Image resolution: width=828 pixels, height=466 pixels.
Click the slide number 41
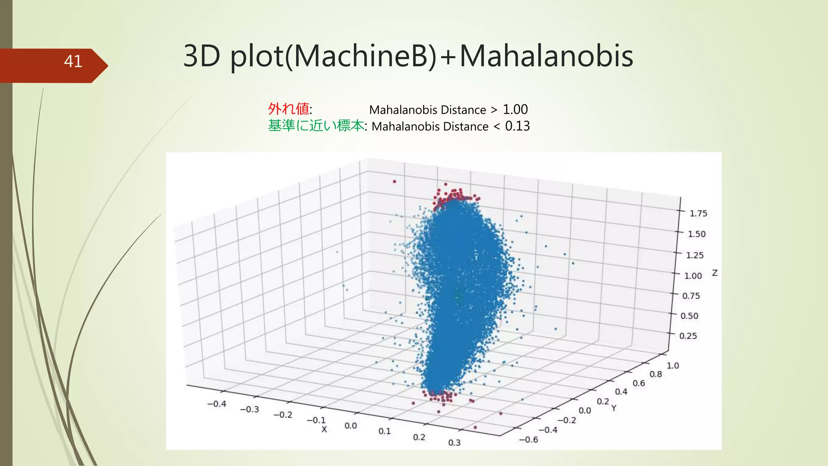pos(73,61)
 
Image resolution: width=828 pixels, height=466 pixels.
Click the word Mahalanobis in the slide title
pos(546,56)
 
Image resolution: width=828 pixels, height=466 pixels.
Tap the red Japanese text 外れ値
pos(289,109)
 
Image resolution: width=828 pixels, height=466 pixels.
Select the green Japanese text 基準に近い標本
pos(316,126)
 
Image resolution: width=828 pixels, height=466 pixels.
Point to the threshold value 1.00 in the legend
pos(515,110)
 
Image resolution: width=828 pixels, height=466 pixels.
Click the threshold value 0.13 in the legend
pos(517,126)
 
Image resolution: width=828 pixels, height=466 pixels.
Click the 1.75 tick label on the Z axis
pos(698,214)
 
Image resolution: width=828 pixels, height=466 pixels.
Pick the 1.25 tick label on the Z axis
pos(695,255)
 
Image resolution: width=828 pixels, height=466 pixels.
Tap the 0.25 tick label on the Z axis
pos(688,336)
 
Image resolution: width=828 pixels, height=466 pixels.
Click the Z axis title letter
pos(715,273)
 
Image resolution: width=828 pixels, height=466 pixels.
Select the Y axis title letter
pos(614,408)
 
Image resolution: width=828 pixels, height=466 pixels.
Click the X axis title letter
pos(324,430)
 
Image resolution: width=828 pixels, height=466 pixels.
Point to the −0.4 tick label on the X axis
pos(217,404)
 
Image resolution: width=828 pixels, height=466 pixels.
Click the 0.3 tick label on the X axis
pos(454,443)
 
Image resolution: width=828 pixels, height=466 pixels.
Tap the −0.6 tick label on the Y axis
pos(528,440)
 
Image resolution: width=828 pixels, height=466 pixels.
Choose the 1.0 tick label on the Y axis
pos(672,366)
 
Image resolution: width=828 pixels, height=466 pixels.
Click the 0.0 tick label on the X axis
pos(351,426)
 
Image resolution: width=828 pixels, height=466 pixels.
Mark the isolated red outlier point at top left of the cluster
pos(394,182)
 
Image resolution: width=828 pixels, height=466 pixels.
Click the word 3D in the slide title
pos(201,56)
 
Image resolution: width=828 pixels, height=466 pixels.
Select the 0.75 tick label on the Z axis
pos(691,296)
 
